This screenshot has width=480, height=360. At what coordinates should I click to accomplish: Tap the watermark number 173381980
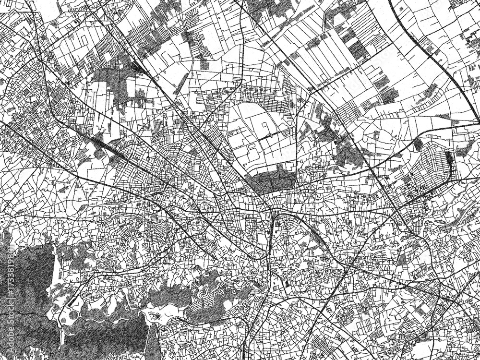(4, 269)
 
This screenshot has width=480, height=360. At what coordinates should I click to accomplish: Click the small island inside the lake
(156, 315)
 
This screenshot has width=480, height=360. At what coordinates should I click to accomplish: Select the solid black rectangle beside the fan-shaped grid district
(449, 158)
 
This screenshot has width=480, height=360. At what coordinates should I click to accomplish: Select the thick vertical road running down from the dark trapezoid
(272, 240)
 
